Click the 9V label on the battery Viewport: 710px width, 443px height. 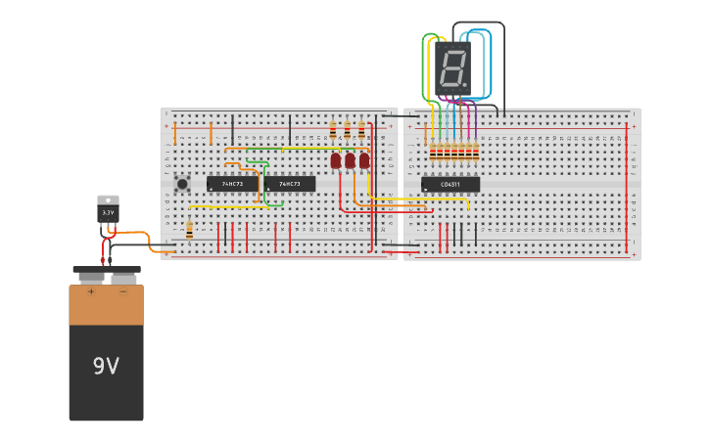coord(106,366)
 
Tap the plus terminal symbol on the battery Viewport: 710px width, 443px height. coord(91,291)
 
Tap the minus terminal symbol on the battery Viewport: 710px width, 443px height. coord(122,291)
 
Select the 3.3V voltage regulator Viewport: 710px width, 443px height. coord(108,210)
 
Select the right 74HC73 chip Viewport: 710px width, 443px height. coord(290,184)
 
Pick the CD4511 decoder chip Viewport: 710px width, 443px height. coord(450,184)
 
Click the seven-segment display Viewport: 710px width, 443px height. coord(452,68)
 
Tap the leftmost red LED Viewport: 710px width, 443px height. coord(335,159)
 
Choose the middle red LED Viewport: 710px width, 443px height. coord(350,160)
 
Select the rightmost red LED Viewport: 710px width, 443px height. coord(364,159)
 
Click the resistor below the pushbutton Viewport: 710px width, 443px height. coord(189,230)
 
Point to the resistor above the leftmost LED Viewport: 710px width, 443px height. coord(333,129)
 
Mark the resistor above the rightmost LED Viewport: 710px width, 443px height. coord(361,129)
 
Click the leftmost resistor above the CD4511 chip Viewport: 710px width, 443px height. coord(433,151)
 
